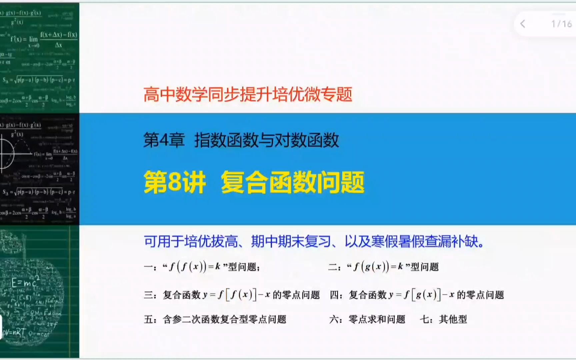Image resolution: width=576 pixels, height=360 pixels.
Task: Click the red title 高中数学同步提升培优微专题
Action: click(248, 94)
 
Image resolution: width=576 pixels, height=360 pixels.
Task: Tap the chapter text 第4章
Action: click(164, 140)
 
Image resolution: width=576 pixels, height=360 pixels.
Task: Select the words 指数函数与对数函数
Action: click(267, 140)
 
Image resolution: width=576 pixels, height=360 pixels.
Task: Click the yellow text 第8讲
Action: click(175, 182)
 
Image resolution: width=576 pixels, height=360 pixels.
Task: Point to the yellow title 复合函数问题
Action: click(293, 182)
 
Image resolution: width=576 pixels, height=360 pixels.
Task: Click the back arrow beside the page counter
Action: click(523, 24)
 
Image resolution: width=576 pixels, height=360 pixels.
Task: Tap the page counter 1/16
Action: click(561, 24)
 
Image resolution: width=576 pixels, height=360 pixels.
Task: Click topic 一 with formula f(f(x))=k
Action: click(202, 267)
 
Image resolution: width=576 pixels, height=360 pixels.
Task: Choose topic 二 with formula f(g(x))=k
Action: click(383, 267)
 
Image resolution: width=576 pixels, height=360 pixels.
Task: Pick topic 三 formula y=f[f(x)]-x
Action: click(232, 295)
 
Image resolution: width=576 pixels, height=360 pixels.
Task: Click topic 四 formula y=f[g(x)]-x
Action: click(417, 295)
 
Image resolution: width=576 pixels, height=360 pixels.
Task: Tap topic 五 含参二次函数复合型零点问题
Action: click(215, 319)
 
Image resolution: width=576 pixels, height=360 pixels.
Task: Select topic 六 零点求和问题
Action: click(367, 319)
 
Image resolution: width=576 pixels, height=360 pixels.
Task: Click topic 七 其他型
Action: click(443, 319)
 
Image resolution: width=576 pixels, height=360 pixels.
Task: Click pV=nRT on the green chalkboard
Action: click(14, 332)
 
